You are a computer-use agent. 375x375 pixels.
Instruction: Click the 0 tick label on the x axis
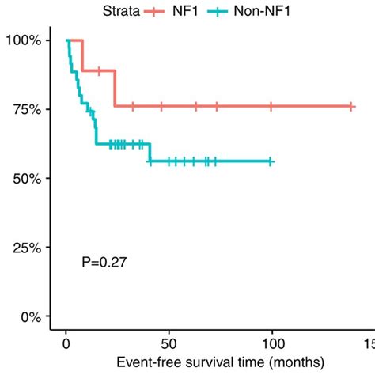tap(66, 344)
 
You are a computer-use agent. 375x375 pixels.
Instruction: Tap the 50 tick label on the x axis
tap(169, 344)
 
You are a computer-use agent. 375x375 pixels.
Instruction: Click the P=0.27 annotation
tap(104, 260)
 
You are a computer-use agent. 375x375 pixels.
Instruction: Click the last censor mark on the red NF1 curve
tap(350, 106)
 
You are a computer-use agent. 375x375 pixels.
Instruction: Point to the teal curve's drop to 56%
tap(150, 153)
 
